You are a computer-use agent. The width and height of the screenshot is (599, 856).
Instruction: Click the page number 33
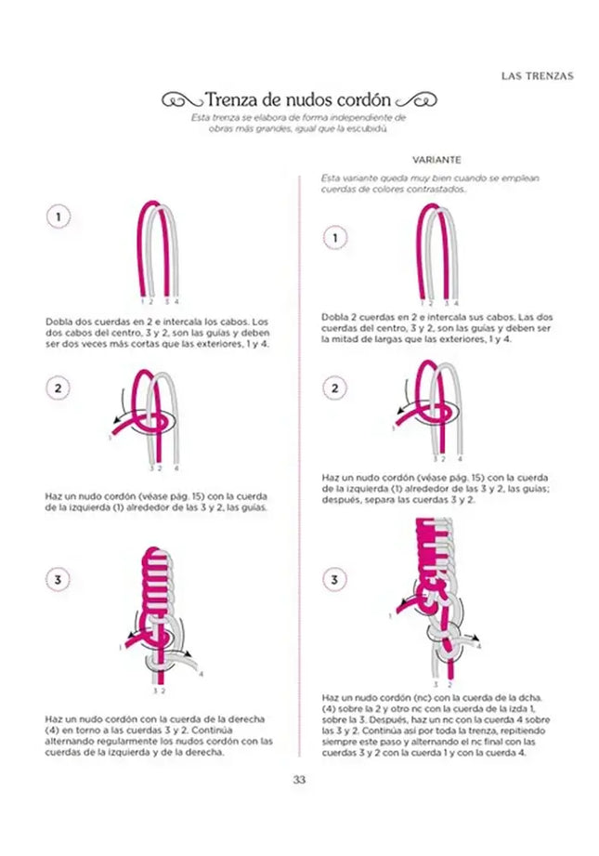tap(299, 780)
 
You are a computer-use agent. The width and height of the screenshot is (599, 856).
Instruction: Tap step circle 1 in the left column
tap(59, 217)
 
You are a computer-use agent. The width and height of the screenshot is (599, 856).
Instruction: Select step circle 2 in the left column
tap(59, 388)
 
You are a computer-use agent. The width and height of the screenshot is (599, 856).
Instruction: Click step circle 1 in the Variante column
tap(334, 239)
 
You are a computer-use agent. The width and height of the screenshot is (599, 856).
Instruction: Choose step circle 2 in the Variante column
tap(334, 388)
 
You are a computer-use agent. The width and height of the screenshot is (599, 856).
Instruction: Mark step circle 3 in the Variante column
tap(334, 581)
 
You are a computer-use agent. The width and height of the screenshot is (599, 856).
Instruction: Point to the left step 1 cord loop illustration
tap(159, 251)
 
